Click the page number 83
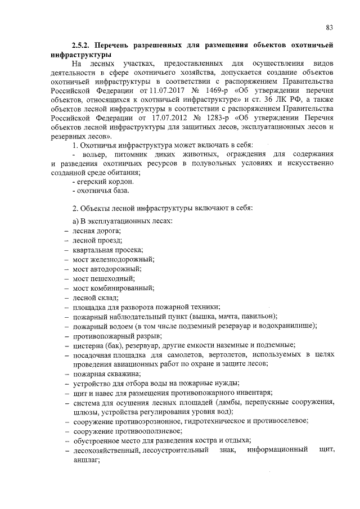point(330,28)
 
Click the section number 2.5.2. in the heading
point(82,44)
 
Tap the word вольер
point(92,154)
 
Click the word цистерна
point(89,345)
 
